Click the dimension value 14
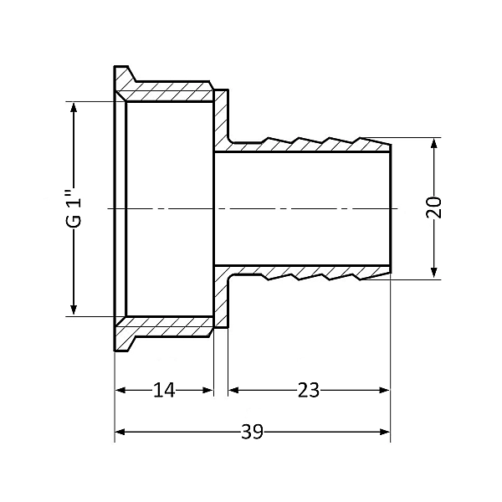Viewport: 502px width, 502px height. [164, 390]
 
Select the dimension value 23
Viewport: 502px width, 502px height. [309, 390]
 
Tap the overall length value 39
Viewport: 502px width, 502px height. [253, 432]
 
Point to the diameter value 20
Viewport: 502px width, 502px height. [434, 207]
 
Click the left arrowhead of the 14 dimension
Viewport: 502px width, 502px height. [120, 390]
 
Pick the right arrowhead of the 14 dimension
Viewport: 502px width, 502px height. [208, 390]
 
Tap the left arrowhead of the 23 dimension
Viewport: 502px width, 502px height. [233, 390]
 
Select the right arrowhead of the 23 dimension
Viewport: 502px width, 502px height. [385, 390]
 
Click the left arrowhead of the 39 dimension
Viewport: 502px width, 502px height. [120, 432]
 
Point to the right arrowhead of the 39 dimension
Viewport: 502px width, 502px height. [385, 432]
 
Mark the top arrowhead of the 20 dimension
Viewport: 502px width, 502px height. [434, 143]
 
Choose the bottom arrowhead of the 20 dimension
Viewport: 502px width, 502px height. [434, 273]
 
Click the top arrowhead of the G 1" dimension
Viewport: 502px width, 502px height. [74, 107]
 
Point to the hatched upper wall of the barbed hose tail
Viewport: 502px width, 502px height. [307, 146]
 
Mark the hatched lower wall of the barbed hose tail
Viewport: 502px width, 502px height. [307, 271]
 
